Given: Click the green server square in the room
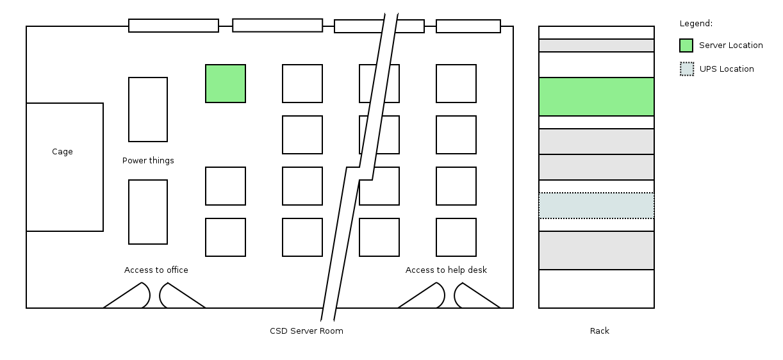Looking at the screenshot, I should pyautogui.click(x=226, y=83).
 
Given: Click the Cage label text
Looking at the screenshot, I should pyautogui.click(x=62, y=152).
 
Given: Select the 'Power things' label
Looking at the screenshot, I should pyautogui.click(x=148, y=161).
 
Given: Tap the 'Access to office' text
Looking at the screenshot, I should pyautogui.click(x=156, y=270).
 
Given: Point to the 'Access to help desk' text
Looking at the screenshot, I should pyautogui.click(x=446, y=270).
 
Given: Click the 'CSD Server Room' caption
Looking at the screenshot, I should pyautogui.click(x=306, y=331).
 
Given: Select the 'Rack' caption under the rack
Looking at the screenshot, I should pyautogui.click(x=600, y=331).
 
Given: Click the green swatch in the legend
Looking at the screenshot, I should pyautogui.click(x=686, y=45).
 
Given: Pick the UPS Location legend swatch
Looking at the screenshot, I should pyautogui.click(x=687, y=69).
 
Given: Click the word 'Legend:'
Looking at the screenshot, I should pyautogui.click(x=696, y=24).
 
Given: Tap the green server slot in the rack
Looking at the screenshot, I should pyautogui.click(x=597, y=97).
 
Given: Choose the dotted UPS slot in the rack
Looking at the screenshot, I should pyautogui.click(x=597, y=206).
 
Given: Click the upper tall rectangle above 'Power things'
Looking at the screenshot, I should pyautogui.click(x=148, y=110).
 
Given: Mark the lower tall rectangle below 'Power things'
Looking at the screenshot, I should pyautogui.click(x=148, y=212).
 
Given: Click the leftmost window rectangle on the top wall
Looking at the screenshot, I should pyautogui.click(x=174, y=26).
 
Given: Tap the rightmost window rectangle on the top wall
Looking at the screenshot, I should pyautogui.click(x=468, y=26).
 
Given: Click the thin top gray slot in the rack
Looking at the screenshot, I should pyautogui.click(x=597, y=45).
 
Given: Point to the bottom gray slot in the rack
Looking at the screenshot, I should pyautogui.click(x=597, y=250).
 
